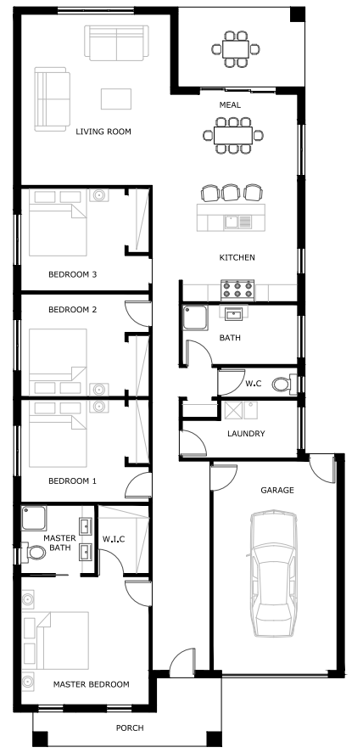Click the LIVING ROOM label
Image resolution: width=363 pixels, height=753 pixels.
pos(103,132)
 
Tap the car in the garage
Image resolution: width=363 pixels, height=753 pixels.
pos(272,573)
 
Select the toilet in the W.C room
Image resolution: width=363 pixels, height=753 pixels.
pos(283,384)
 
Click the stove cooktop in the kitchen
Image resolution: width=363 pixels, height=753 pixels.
pos(237,289)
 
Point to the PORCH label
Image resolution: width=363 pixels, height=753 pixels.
pos(130,728)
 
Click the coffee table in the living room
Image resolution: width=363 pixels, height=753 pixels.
pos(116,99)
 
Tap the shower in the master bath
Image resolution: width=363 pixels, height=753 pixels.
pos(34,518)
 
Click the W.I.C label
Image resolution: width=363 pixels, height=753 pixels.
pos(114,539)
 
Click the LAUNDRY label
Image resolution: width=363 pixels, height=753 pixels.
pos(246,434)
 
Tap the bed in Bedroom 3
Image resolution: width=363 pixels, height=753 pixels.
pos(58,222)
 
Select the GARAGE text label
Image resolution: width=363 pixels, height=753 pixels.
pos(277,491)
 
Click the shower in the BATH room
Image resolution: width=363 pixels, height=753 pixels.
pos(195,317)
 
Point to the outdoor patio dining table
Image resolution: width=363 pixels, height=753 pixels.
pos(236,48)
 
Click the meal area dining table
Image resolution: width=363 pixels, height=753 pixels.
pos(233,136)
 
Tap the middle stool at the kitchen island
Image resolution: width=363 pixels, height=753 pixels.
pos(230,193)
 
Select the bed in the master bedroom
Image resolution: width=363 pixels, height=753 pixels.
pos(56,640)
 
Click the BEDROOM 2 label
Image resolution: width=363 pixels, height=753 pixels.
pos(72,310)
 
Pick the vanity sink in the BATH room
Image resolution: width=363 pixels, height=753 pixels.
pos(234,313)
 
